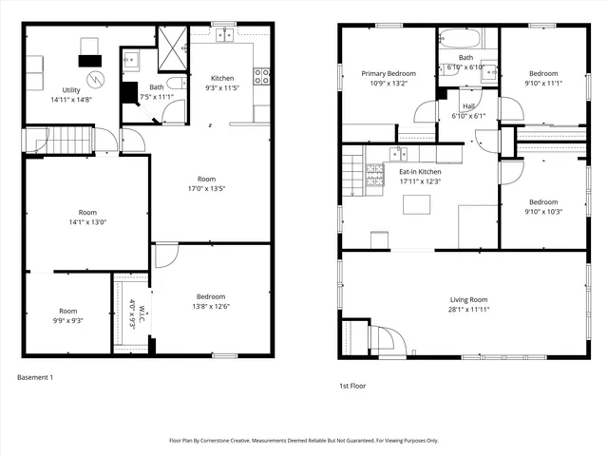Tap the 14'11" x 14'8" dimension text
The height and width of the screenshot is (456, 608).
pyautogui.click(x=70, y=98)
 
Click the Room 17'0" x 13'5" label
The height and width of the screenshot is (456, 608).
pyautogui.click(x=207, y=179)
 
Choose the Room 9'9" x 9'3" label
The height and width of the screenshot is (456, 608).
pyautogui.click(x=68, y=311)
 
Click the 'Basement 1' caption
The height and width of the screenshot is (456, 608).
pyautogui.click(x=35, y=377)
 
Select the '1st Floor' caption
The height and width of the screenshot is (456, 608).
pyautogui.click(x=352, y=386)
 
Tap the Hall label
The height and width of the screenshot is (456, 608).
pyautogui.click(x=468, y=105)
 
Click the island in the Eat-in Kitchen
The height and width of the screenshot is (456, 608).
pyautogui.click(x=412, y=204)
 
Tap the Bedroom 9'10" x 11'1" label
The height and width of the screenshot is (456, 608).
pyautogui.click(x=543, y=72)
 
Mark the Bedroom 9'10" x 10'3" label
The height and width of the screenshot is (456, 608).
pyautogui.click(x=543, y=201)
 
